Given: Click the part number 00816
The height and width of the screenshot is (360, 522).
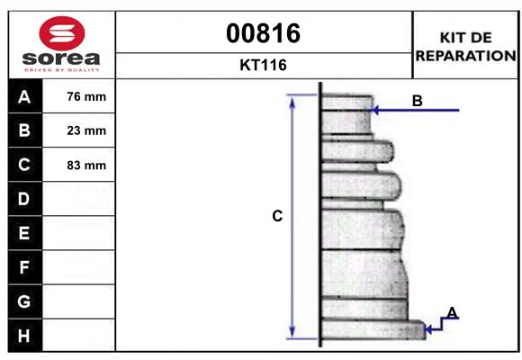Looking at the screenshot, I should pos(263,33).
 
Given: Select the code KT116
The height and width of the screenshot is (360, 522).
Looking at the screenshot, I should pos(263,66).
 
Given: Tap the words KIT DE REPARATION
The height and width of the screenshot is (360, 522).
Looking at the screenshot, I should pos(464,46).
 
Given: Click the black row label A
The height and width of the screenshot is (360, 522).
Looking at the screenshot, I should pos(23,97).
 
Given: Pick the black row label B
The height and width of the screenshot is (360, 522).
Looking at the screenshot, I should pos(23,130).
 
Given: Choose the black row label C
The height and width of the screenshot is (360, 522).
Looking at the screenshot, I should pos(23,165).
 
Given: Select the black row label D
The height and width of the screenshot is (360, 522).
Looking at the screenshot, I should pos(23,199).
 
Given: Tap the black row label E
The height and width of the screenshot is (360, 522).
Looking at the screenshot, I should pos(23,233).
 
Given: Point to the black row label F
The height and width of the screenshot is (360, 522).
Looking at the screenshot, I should pos(23,267).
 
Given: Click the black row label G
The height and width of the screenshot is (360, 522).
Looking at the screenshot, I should pos(23,301).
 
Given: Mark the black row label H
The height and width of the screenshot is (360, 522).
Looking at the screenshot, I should pos(23,336).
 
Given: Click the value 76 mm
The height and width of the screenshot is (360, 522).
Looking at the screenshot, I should pos(86,97).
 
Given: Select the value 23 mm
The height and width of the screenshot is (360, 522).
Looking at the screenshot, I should pos(86,130).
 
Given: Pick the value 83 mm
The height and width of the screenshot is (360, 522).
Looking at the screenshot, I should pos(86,165).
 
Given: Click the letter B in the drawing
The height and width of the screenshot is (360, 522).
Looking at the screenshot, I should pos(417,101).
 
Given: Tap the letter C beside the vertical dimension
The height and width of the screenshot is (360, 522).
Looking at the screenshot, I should pos(277,216).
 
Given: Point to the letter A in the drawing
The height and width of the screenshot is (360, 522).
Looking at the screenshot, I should pos(452,312).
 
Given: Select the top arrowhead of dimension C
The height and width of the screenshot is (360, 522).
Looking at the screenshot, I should pos(292,99).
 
